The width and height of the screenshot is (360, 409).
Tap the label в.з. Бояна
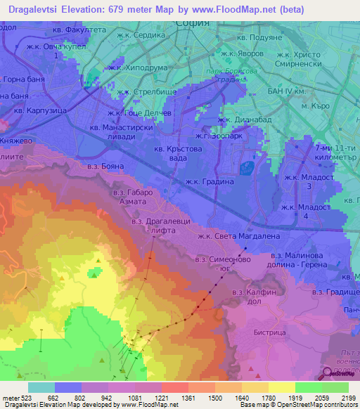click(x=104, y=167)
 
